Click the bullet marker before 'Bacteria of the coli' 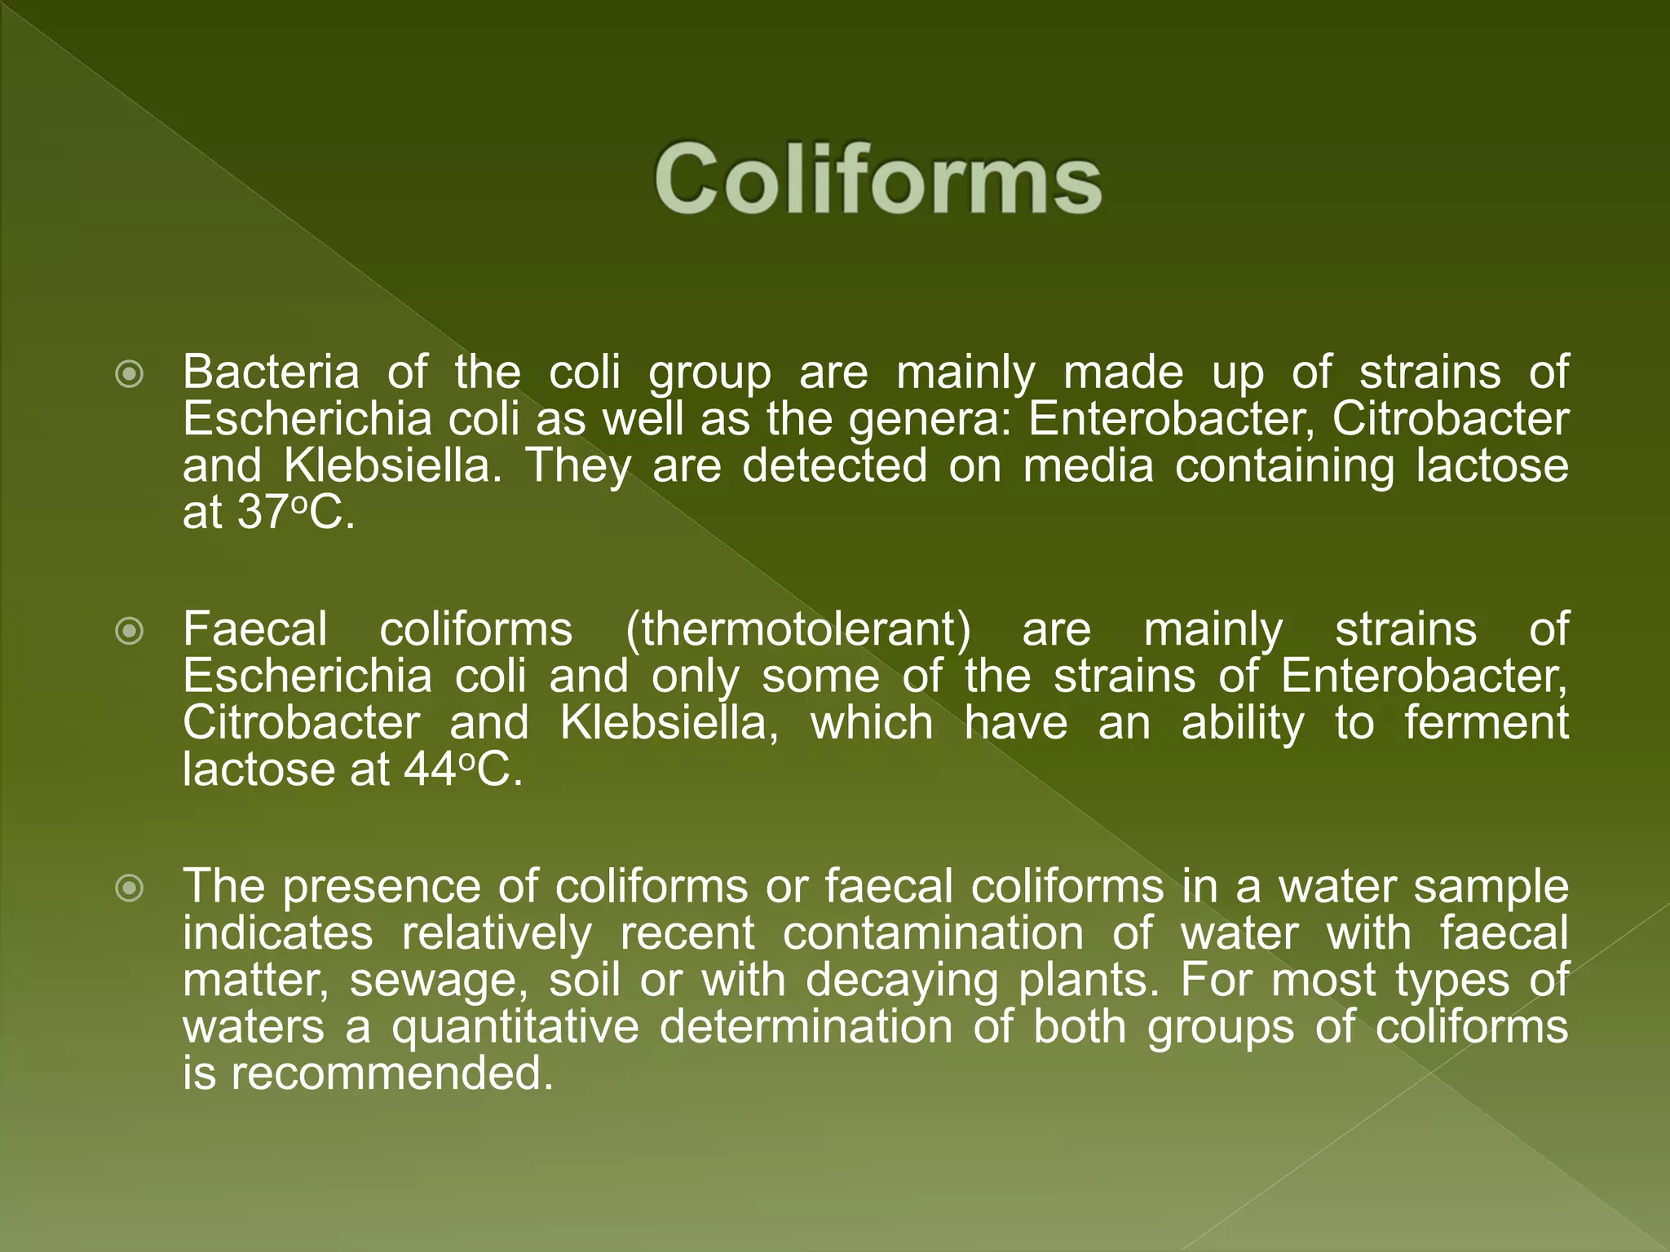pos(130,375)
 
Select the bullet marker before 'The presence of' pos(130,888)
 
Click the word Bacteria pos(271,373)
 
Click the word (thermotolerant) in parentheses pos(798,630)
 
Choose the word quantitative pos(515,1027)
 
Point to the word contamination pos(933,933)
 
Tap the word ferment pos(1486,723)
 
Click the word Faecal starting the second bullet pos(254,630)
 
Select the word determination pos(806,1027)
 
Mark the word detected pos(834,466)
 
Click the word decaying pos(902,981)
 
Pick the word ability pos(1243,724)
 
